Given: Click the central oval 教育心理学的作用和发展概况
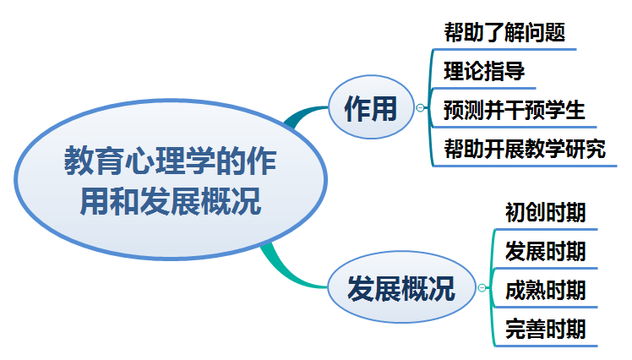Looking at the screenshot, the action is pos(170,181).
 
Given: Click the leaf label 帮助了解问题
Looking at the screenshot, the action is pos(504,33).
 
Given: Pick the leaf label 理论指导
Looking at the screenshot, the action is pos(484,72).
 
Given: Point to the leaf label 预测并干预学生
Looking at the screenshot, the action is pos(514,111).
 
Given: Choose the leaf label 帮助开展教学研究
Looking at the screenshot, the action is pos(525,150).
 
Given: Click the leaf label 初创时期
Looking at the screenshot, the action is pos(545,212).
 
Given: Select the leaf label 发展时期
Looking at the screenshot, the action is pos(545,251).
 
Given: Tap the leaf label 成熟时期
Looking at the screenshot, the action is pos(545,290).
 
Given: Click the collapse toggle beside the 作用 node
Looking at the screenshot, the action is pos(420,107).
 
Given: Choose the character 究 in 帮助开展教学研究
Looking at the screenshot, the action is pos(596,150).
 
